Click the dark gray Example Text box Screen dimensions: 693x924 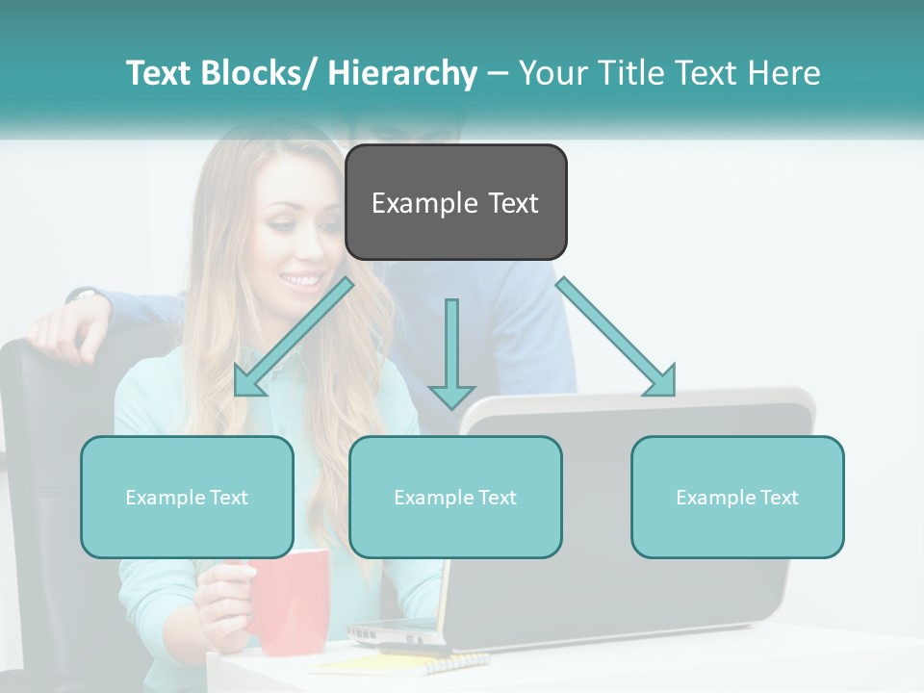pos(455,202)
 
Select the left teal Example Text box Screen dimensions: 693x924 pos(187,497)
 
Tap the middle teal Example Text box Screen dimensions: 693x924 pos(455,497)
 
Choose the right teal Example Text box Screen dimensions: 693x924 pos(737,497)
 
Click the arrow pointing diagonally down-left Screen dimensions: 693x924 pos(293,336)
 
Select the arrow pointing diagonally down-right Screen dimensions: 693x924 pos(616,336)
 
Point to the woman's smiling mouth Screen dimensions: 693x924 pos(301,281)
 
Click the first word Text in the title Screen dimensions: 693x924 pos(161,73)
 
